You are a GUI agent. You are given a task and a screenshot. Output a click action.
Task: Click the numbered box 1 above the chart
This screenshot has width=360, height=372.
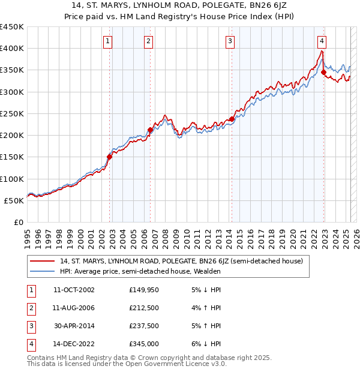click(107, 41)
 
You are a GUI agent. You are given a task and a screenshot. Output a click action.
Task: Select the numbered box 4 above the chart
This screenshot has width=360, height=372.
click(322, 41)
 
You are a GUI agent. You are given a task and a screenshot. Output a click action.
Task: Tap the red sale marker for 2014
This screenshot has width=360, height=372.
click(232, 119)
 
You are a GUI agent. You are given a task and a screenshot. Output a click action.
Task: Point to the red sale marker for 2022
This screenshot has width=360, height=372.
click(323, 73)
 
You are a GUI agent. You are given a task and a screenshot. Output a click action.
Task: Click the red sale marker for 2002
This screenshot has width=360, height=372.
click(109, 157)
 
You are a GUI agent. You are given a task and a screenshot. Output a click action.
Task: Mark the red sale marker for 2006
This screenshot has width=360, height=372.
click(150, 130)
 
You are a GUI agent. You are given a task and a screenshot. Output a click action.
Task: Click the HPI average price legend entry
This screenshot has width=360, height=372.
click(140, 271)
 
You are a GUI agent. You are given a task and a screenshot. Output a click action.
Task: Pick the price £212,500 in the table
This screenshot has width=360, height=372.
click(143, 308)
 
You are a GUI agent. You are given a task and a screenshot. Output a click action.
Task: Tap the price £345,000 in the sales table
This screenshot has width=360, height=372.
click(143, 344)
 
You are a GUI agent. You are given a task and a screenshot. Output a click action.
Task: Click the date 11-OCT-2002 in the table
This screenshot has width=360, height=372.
click(73, 290)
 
